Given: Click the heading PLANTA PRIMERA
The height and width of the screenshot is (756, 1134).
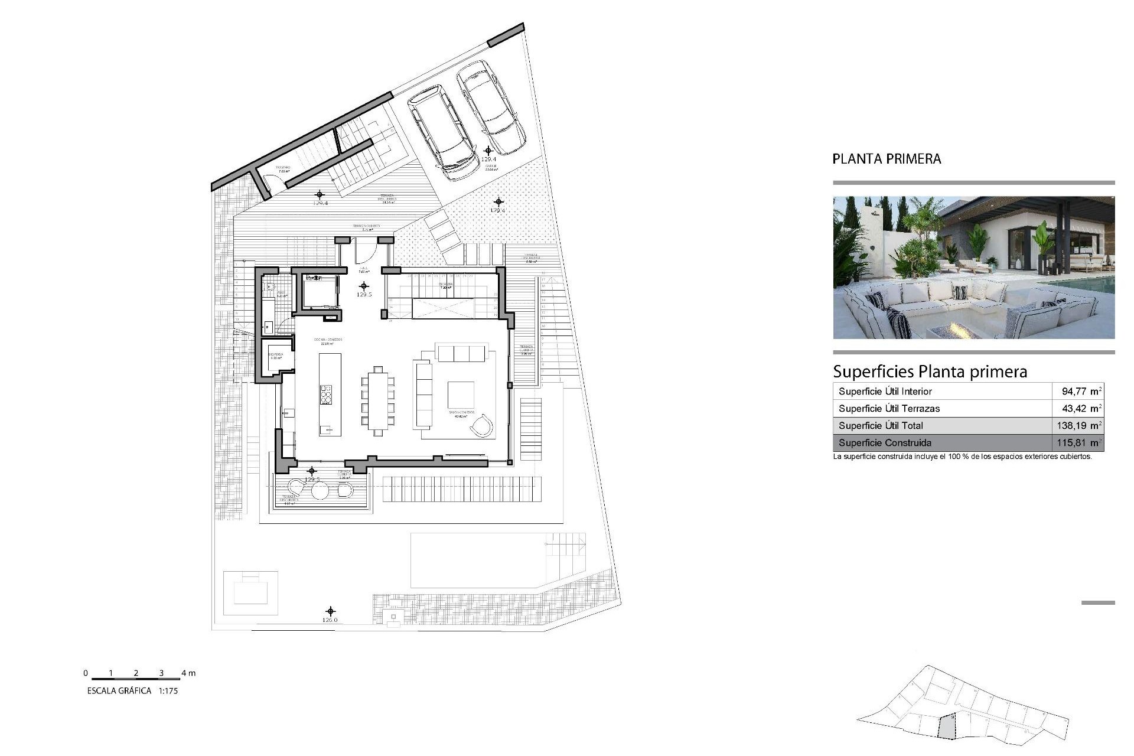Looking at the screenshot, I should (x=886, y=159).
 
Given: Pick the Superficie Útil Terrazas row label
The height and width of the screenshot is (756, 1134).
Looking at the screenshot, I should (x=889, y=408).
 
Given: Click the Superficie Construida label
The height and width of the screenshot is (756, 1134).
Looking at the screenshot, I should (x=885, y=442).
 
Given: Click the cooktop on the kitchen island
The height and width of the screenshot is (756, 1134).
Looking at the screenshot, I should (x=326, y=395).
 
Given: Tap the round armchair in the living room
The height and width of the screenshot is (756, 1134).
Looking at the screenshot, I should (x=482, y=425).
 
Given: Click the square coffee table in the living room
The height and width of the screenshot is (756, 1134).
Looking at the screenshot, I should (x=461, y=395).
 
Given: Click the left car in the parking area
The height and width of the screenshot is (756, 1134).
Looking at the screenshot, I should (x=443, y=133).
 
